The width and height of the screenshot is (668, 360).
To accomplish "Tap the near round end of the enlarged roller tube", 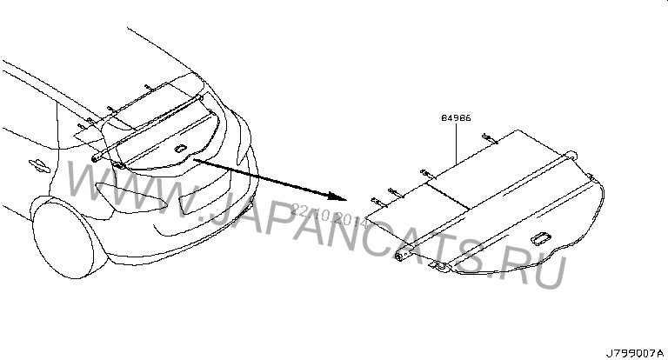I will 402,257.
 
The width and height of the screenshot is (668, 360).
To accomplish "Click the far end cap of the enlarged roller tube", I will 571,154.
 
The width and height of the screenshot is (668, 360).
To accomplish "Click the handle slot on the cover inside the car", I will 181,150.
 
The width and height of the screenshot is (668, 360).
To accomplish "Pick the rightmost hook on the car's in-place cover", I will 149,88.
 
